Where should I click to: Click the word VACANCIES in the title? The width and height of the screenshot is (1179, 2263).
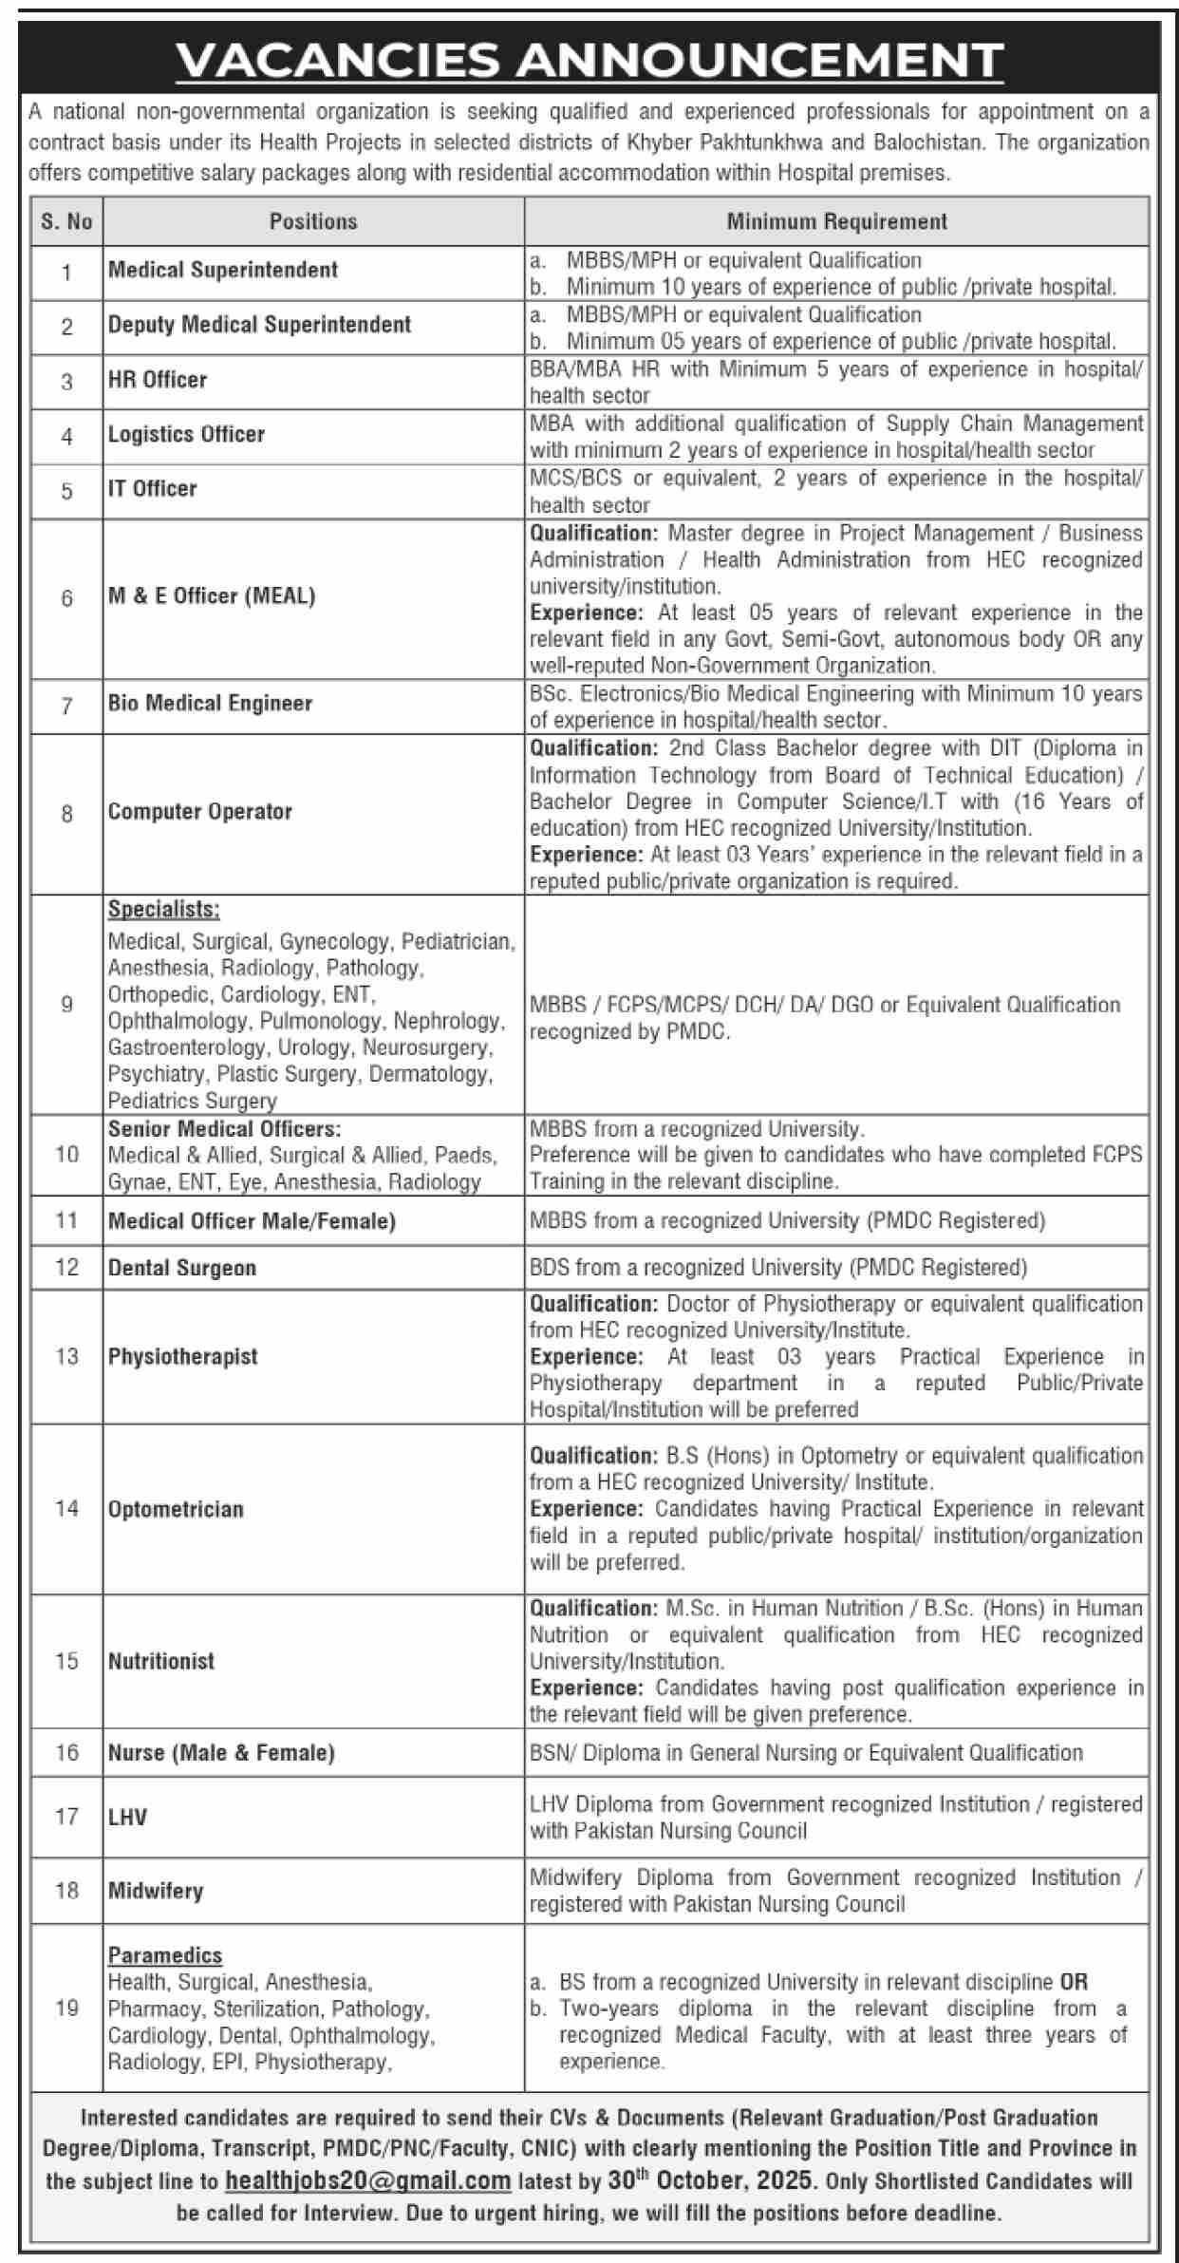click(x=337, y=62)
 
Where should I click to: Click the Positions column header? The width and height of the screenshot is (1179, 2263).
click(x=313, y=221)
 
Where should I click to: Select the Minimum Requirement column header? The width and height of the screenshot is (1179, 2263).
click(x=836, y=221)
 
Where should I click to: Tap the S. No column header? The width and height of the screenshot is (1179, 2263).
click(x=66, y=221)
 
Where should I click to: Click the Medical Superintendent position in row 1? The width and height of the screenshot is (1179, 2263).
click(x=223, y=270)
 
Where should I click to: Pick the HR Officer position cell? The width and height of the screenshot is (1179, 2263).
click(x=158, y=380)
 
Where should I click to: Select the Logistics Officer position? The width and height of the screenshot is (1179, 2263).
click(x=186, y=434)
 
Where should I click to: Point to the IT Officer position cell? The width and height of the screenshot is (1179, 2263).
click(x=153, y=488)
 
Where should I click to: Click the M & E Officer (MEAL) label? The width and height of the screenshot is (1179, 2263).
click(x=212, y=595)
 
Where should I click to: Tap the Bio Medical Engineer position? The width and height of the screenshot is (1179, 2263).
click(x=210, y=703)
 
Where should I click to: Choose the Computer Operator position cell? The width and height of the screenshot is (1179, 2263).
click(x=200, y=811)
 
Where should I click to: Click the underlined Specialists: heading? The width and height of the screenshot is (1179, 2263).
click(x=163, y=909)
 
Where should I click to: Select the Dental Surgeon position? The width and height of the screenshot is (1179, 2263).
click(x=182, y=1267)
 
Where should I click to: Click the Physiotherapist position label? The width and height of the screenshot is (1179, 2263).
click(x=183, y=1356)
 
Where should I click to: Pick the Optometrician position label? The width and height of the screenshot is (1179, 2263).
click(x=176, y=1509)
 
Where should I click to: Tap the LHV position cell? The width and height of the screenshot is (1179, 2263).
click(x=128, y=1817)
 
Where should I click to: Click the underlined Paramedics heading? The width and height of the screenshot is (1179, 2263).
click(x=165, y=1955)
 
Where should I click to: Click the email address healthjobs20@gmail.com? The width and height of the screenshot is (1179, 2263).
click(x=368, y=2181)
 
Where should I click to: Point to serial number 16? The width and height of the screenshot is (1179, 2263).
click(x=66, y=1752)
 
